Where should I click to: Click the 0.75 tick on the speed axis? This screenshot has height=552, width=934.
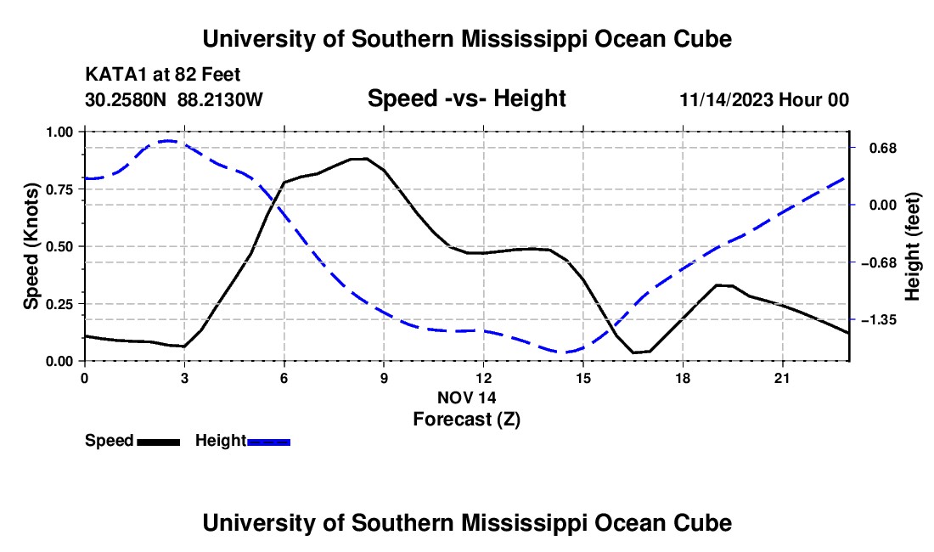pos(59,189)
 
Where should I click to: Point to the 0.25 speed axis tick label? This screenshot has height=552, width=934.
pos(59,304)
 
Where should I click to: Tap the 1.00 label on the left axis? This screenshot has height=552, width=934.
pos(59,132)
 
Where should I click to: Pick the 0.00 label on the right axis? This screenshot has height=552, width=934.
pos(883,206)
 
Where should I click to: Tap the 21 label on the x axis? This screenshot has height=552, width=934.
pos(782,378)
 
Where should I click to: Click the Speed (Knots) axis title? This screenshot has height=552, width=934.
pos(31,246)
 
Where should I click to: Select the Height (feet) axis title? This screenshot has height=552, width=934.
pos(913,246)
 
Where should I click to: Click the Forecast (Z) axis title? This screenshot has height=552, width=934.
pos(467,420)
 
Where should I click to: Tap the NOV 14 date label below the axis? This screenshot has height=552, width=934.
pos(467,397)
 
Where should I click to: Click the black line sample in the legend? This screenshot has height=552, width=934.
pos(159,442)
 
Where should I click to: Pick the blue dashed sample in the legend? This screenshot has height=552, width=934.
pos(268,442)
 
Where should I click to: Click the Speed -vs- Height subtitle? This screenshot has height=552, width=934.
pos(467,99)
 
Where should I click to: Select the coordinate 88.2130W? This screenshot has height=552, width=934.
pos(220,99)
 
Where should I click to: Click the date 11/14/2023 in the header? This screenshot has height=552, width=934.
pos(726,99)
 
